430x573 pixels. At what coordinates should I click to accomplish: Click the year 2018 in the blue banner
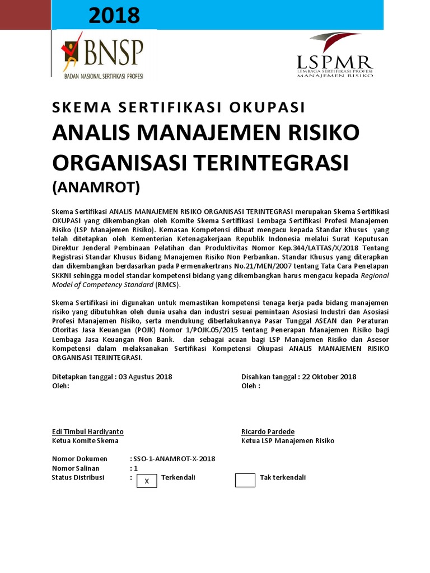point(114,16)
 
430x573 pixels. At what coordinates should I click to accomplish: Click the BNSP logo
point(102,54)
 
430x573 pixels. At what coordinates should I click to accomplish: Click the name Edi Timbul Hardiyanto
point(87,431)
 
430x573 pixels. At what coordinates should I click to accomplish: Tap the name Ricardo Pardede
point(268,431)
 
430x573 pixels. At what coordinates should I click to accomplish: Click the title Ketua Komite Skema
point(85,440)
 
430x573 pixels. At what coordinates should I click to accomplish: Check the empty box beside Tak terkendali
point(245,480)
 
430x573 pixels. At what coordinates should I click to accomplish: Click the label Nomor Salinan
point(76,468)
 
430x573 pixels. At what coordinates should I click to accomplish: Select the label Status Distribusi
point(78,477)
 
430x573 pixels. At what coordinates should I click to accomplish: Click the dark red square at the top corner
point(25,15)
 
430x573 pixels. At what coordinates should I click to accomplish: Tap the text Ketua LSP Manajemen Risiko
point(288,440)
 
